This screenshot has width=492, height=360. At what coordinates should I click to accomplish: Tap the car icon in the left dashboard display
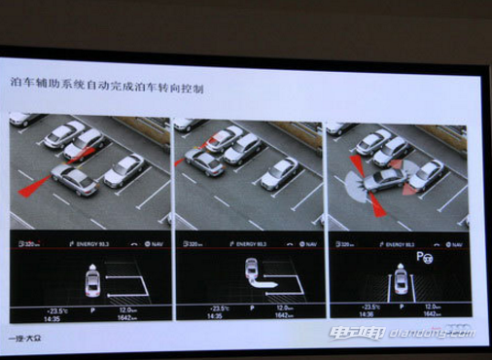92,281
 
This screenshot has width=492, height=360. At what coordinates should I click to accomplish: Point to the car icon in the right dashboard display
400,282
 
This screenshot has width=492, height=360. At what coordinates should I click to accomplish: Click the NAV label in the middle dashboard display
305,247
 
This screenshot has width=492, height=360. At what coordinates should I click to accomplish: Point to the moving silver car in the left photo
75,178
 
